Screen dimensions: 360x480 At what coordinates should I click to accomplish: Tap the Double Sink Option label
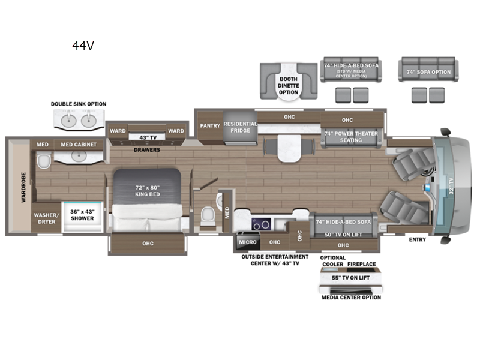79,104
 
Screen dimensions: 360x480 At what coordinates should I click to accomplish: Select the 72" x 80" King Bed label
147,191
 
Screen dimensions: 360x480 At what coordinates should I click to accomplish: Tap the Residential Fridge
240,127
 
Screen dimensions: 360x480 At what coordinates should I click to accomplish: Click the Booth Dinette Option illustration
289,82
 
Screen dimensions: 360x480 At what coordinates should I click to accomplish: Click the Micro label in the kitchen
248,242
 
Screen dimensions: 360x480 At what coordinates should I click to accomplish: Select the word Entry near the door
418,239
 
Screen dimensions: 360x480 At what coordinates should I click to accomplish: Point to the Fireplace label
366,264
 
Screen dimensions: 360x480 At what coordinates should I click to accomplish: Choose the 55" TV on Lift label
351,278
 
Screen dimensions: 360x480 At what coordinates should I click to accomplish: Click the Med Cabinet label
79,145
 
